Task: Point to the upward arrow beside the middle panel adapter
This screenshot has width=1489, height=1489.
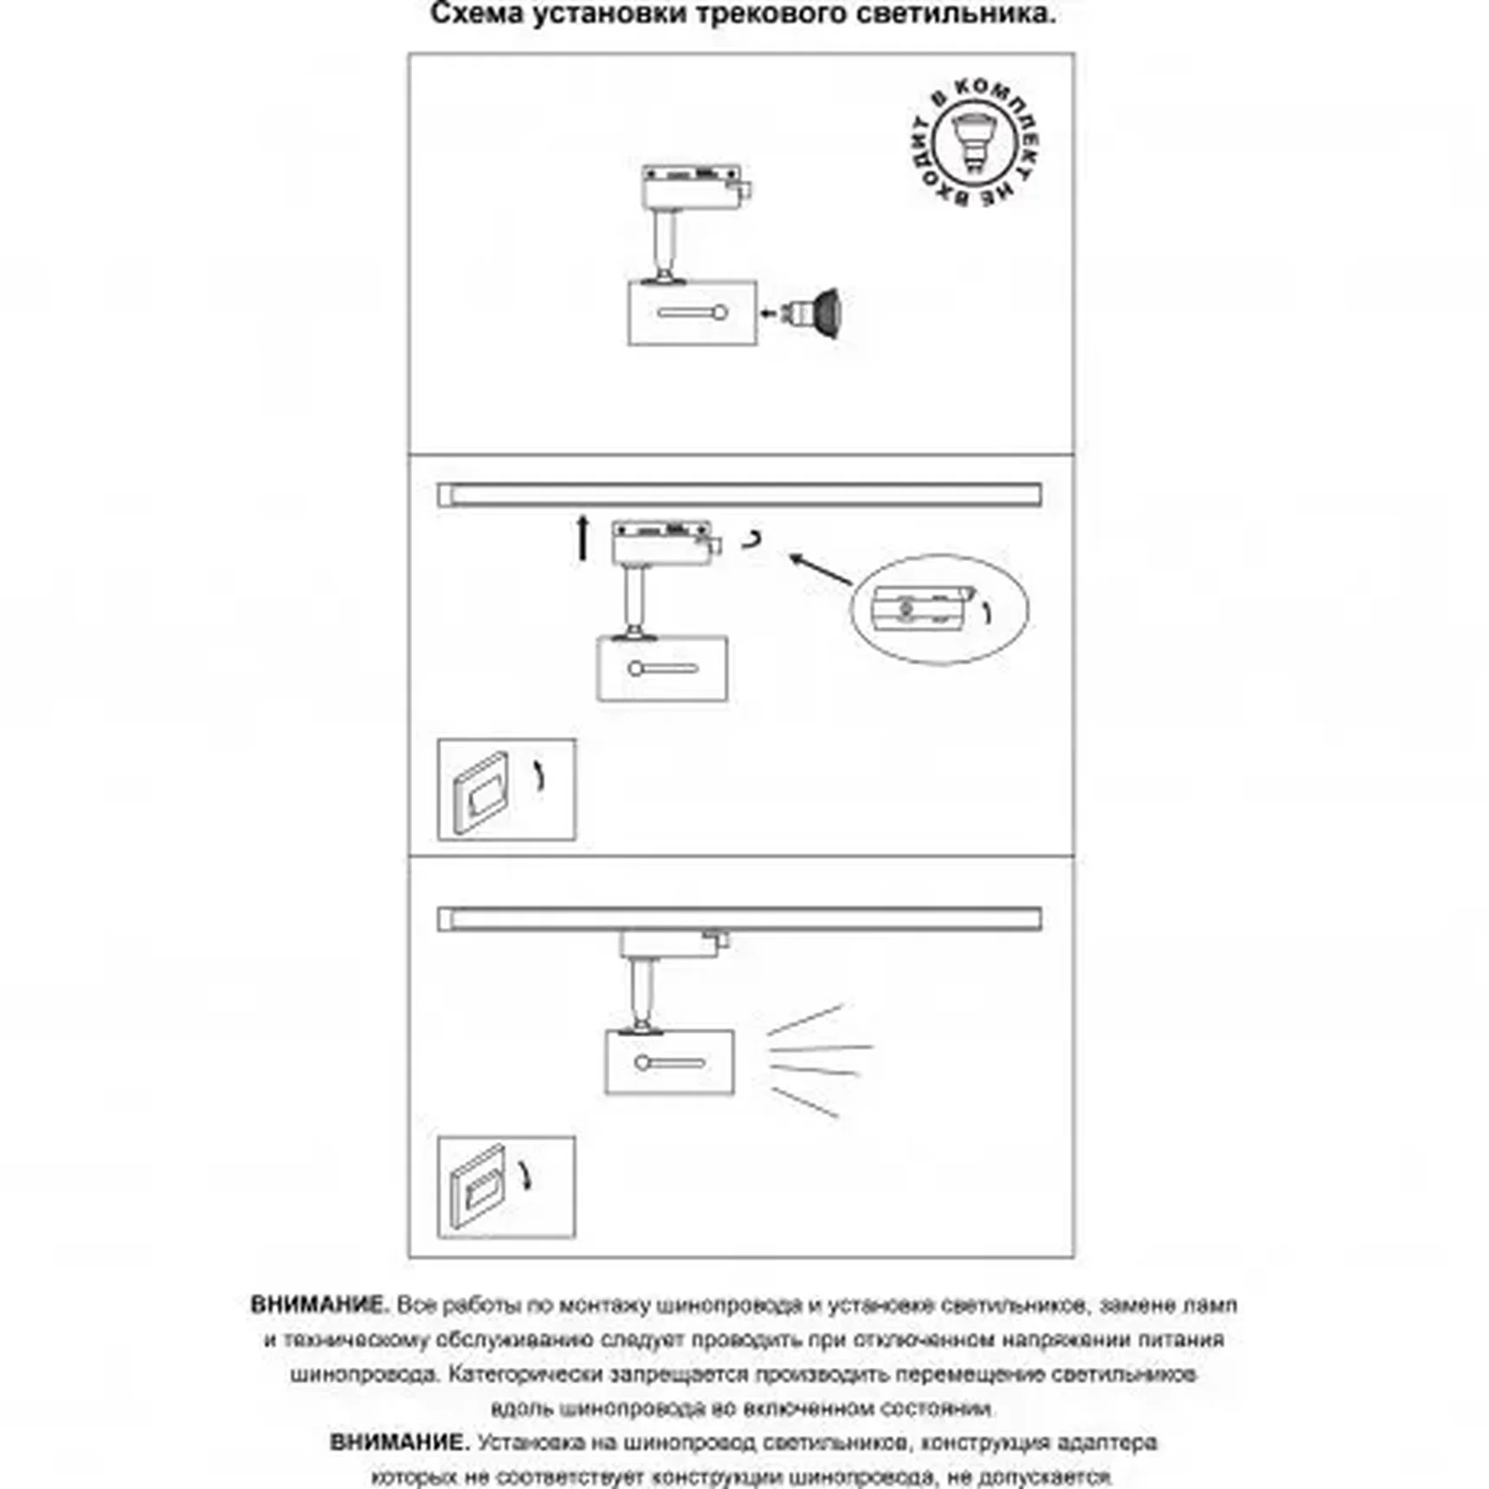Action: point(583,537)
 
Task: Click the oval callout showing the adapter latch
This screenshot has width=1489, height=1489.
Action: point(939,609)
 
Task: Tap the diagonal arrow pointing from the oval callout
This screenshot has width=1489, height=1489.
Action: point(820,570)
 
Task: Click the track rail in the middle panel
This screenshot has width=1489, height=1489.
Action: point(740,495)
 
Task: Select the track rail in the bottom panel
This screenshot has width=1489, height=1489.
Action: point(740,919)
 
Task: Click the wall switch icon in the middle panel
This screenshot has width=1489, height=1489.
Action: point(506,790)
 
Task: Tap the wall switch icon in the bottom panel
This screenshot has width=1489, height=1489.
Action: point(506,1187)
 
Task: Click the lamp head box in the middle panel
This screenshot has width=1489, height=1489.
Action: point(662,668)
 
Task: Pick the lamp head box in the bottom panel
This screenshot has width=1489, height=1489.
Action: point(669,1062)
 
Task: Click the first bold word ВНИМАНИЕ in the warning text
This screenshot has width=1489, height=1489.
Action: point(319,1305)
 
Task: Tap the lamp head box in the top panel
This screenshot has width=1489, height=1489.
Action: point(693,313)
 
